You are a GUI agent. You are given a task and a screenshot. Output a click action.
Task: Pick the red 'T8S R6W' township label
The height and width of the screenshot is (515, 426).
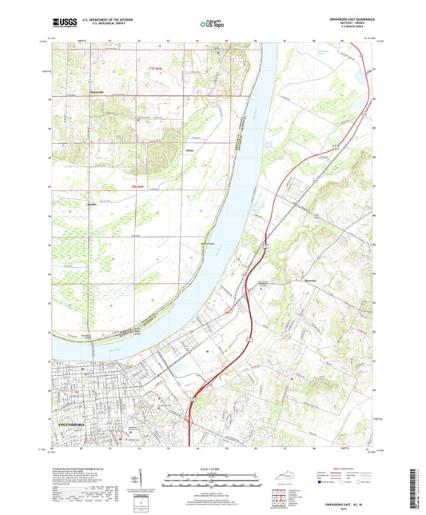coord(136,187)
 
